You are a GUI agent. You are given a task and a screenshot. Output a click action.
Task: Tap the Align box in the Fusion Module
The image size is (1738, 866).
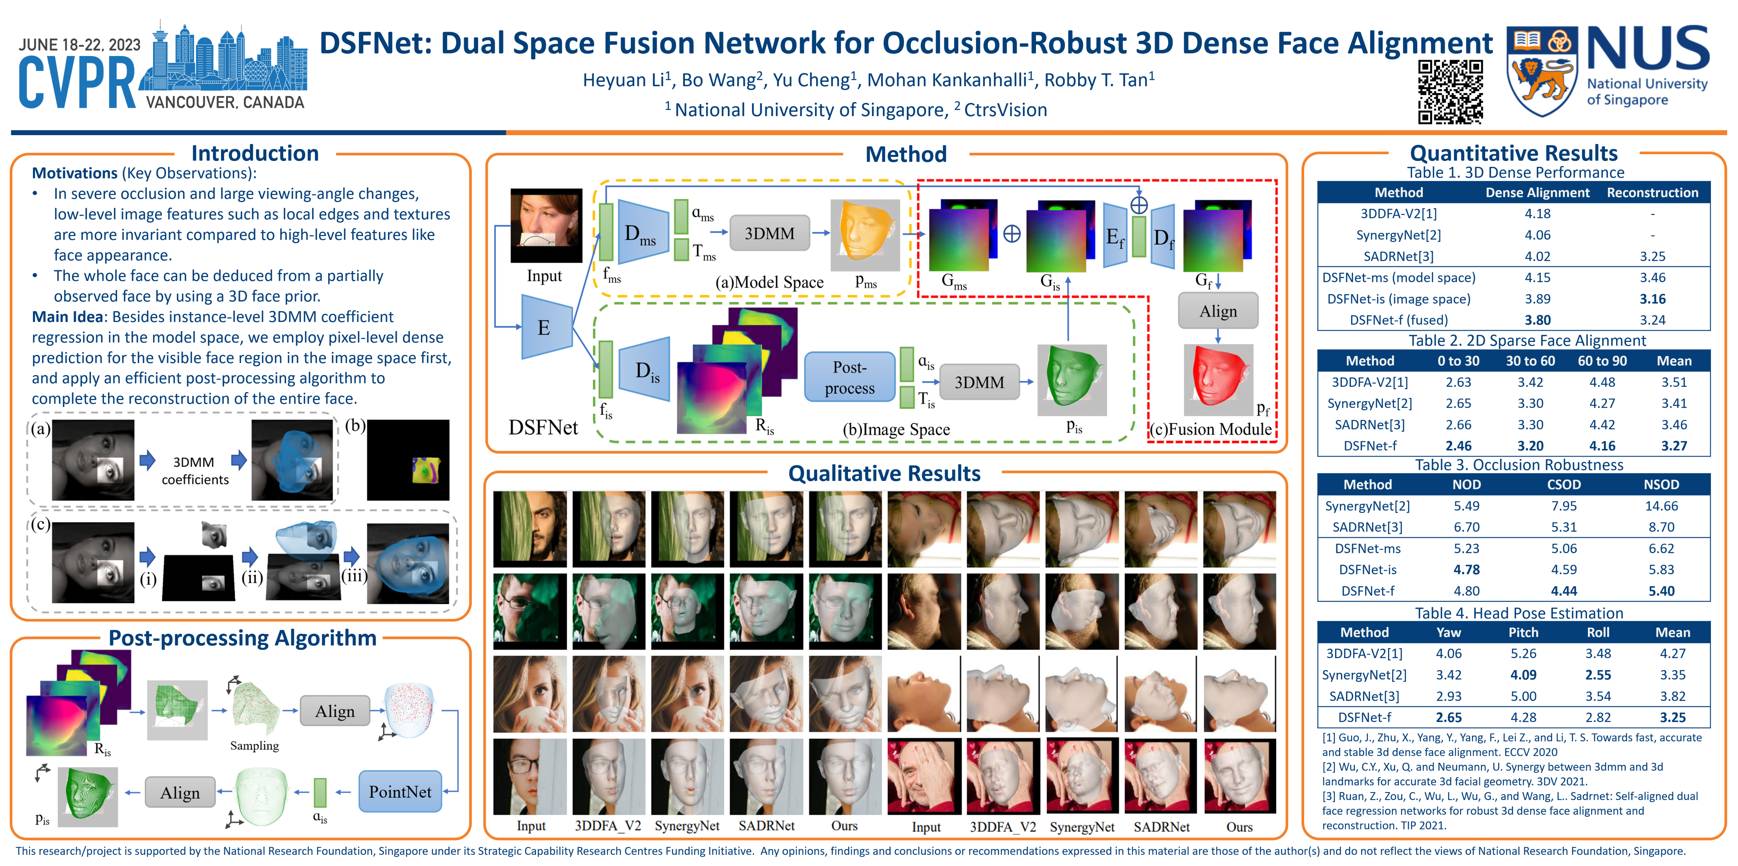pos(1218,311)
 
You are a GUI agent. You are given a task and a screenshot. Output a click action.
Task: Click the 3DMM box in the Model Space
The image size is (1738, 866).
pos(769,234)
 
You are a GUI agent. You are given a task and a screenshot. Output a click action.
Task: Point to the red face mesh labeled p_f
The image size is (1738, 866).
pos(1218,378)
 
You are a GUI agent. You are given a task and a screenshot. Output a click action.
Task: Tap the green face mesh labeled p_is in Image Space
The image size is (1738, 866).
pos(1071,379)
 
